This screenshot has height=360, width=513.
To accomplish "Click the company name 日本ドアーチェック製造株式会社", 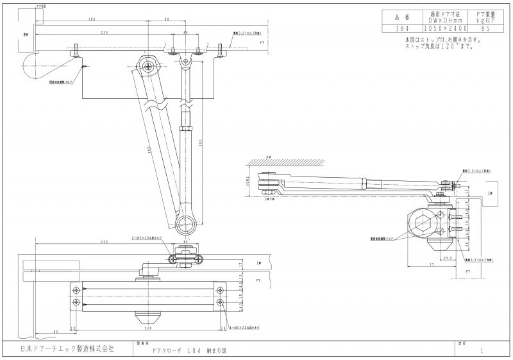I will [67, 348].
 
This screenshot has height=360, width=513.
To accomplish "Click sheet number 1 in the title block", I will [480, 351].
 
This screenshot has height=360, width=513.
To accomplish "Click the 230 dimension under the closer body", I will [149, 327].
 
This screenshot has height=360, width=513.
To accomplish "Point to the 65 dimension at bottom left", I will [57, 332].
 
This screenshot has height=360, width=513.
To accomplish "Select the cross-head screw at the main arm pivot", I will [149, 65].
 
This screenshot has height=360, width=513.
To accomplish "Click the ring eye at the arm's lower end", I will [187, 225].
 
